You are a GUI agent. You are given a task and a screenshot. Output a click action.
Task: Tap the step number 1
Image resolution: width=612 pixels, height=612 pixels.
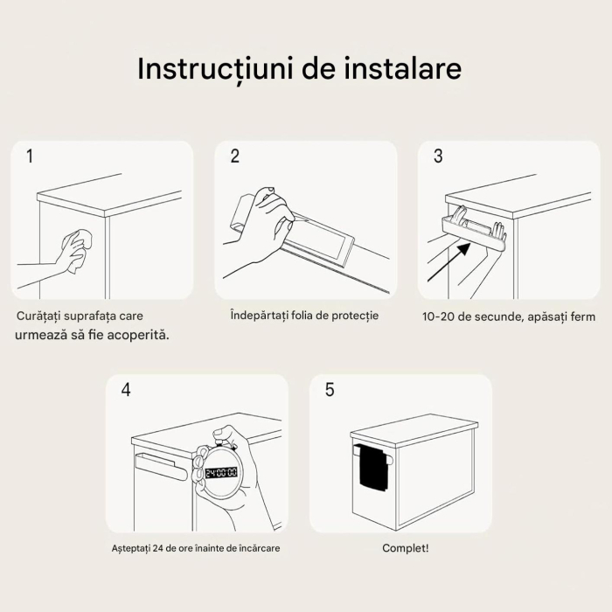tap(31, 156)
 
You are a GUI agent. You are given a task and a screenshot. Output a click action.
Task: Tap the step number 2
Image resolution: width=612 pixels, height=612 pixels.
tap(234, 156)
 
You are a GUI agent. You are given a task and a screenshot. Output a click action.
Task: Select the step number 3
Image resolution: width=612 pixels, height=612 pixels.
tap(438, 156)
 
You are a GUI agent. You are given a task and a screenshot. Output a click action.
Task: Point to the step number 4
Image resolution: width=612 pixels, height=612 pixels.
tap(126, 390)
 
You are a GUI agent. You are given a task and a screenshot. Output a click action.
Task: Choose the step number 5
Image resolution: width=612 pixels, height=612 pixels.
tap(330, 390)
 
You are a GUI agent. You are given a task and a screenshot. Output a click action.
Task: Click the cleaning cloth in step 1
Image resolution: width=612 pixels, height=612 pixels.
tap(77, 251)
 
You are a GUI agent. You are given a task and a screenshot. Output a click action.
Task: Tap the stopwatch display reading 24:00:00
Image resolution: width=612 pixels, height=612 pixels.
tap(220, 472)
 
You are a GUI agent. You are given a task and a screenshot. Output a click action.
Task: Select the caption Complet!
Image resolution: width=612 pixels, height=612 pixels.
tap(406, 548)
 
